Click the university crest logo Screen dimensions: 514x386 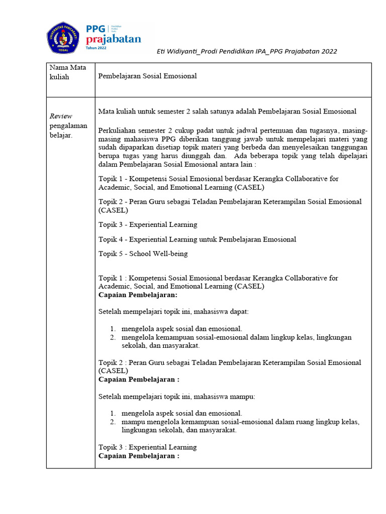pos(63,39)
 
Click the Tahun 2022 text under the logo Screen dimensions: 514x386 pos(100,49)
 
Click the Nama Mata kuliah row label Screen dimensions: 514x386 pos(67,72)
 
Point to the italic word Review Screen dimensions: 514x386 pos(60,116)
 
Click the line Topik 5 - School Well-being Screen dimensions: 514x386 pos(143,253)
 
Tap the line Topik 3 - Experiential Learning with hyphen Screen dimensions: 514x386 pos(148,224)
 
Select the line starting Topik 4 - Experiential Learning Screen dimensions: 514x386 pos(197,239)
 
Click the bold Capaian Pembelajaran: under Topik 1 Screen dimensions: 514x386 pos(135,295)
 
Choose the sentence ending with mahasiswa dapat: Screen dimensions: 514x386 pos(173,312)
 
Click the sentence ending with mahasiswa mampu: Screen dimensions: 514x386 pos(176,397)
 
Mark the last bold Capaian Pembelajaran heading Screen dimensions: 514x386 pos(139,456)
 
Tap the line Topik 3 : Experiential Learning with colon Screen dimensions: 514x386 pos(148,447)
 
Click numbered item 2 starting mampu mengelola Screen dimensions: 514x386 pos(240,422)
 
